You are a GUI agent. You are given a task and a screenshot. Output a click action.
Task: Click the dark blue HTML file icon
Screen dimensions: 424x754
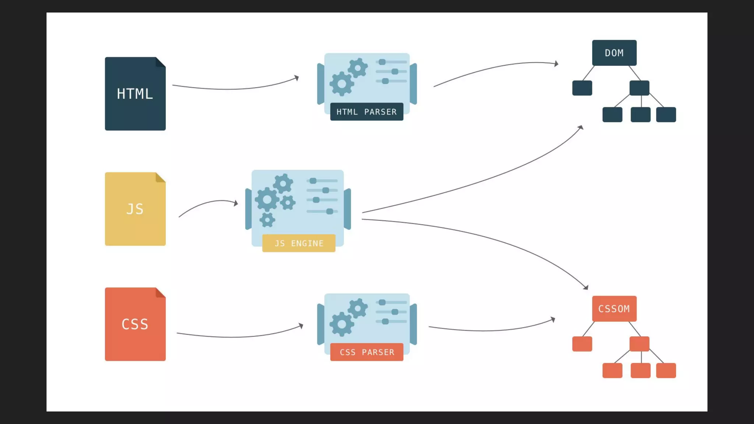coord(135,93)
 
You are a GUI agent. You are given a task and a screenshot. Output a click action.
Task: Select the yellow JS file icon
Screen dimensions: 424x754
coord(135,209)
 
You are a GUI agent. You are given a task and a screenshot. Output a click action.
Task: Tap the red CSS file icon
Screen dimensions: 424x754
coord(135,324)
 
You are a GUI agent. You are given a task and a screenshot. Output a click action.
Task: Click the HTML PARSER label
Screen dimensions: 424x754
coord(367,112)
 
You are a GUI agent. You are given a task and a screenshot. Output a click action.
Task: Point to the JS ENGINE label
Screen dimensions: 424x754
coord(299,243)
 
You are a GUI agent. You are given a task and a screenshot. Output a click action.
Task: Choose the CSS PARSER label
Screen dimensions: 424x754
coord(367,352)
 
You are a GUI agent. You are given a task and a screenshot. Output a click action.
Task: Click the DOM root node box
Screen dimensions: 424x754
coord(614,53)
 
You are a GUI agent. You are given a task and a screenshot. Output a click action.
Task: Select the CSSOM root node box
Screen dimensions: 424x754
coord(614,309)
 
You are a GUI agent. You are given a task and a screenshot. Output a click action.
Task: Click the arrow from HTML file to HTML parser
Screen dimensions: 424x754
coord(236,89)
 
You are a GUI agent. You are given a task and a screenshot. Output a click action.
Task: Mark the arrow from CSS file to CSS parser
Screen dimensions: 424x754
coord(239,336)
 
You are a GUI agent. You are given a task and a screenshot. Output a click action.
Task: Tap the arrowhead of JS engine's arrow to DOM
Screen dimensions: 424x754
coord(581,127)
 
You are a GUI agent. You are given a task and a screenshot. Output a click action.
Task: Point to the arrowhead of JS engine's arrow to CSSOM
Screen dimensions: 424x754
coord(586,287)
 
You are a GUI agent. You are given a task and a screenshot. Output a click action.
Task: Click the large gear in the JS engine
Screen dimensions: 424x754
coord(267,199)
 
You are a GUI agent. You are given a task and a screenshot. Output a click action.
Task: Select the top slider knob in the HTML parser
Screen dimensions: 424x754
coord(382,62)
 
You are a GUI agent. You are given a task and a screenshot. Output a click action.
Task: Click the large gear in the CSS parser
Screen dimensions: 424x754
coord(342,324)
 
